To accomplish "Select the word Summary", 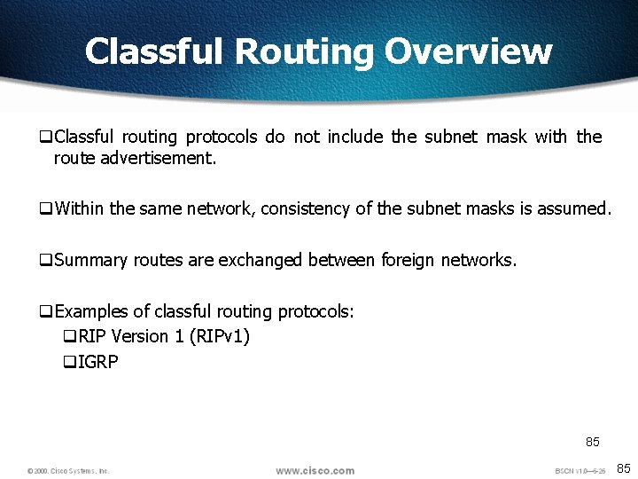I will coord(90,260).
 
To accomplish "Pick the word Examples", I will coord(91,311).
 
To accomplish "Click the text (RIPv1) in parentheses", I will coord(220,336).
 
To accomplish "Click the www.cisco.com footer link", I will coord(315,470).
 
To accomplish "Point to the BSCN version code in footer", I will coord(580,471).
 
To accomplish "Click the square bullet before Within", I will coord(45,210).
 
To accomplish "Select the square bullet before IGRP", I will coord(70,363).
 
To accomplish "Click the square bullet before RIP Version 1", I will coord(70,337).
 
